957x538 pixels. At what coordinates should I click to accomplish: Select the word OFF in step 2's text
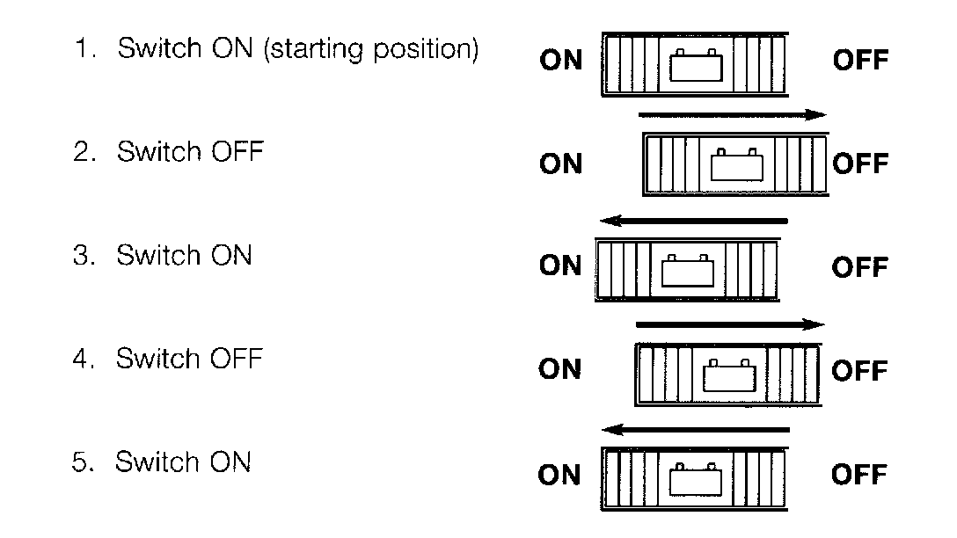pos(237,152)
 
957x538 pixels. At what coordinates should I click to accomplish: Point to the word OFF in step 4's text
pos(237,359)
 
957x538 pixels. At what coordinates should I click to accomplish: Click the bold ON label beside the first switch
pos(561,61)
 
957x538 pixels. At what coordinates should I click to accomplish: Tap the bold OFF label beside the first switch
pos(859,61)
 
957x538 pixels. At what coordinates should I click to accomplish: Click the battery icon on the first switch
pos(695,66)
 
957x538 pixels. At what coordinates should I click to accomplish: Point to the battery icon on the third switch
pos(689,270)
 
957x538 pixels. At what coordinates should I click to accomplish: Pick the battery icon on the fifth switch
pos(696,478)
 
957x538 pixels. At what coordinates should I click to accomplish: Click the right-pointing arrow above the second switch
pos(733,114)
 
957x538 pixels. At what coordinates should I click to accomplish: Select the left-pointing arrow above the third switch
pos(692,220)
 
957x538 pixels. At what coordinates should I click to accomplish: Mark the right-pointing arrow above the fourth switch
pos(730,324)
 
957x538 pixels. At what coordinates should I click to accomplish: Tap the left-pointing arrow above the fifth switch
pos(695,430)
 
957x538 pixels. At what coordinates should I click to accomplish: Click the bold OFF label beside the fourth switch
pos(859,371)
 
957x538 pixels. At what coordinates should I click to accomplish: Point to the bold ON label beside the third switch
pos(561,265)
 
